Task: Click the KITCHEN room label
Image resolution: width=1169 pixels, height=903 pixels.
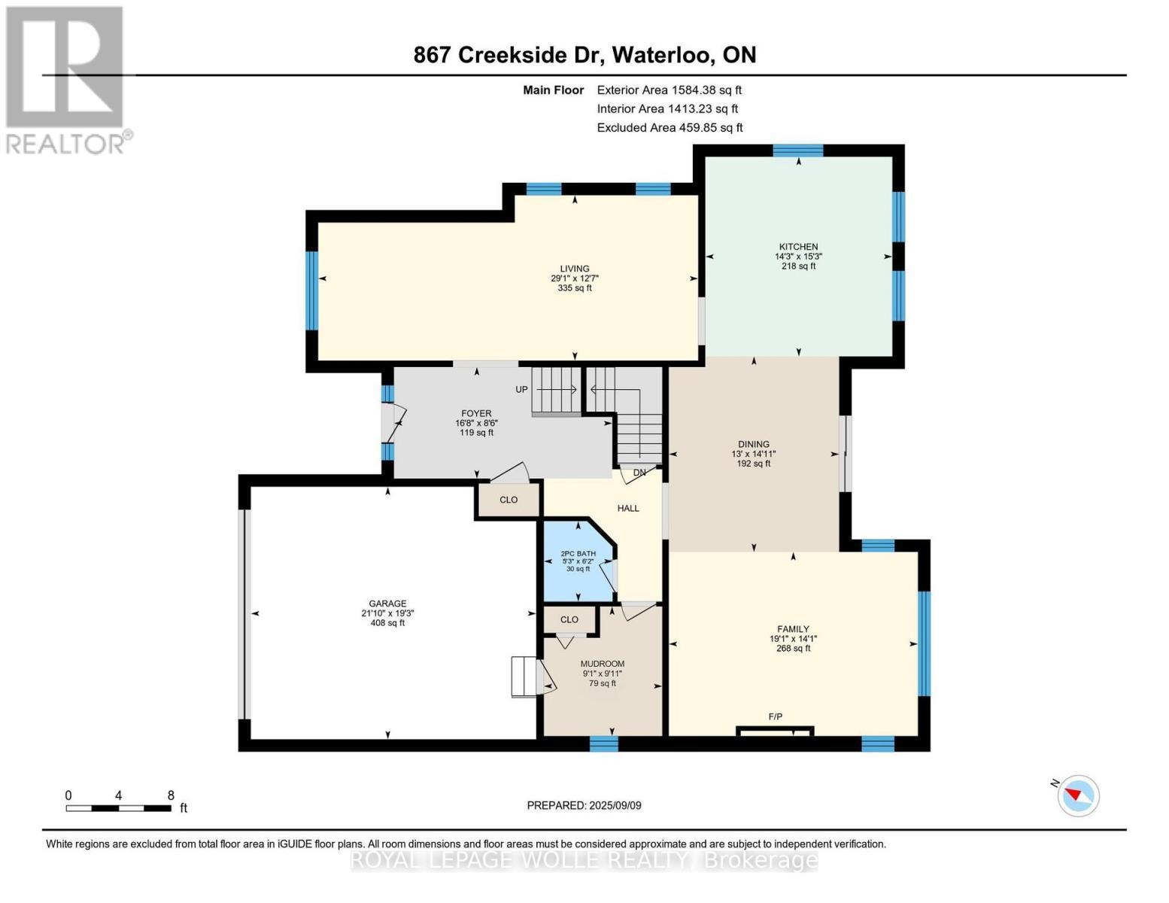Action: [x=798, y=247]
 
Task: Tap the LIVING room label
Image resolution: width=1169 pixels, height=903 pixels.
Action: [x=575, y=269]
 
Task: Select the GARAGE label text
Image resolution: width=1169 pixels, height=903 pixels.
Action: [x=387, y=604]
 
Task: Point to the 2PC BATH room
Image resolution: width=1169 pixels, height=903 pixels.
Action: [x=578, y=561]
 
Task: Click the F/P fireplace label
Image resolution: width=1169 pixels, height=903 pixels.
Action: [x=775, y=716]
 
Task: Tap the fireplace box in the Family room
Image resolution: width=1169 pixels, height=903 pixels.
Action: [x=775, y=730]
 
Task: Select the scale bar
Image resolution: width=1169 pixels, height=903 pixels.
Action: [x=118, y=807]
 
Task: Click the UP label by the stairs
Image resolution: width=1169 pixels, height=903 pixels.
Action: [x=521, y=389]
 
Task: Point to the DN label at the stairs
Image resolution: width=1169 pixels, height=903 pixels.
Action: [x=639, y=473]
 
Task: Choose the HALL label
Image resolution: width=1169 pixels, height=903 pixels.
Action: [x=628, y=508]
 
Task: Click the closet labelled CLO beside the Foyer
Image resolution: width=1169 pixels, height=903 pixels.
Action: [x=509, y=500]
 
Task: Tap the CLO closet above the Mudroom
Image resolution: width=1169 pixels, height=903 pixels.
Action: [x=569, y=619]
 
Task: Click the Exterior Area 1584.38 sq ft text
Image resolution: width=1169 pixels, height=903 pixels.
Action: [x=670, y=90]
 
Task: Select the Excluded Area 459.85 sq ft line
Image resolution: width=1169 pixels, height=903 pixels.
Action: [x=670, y=128]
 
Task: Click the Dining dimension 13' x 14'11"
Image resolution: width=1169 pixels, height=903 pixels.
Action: [x=753, y=454]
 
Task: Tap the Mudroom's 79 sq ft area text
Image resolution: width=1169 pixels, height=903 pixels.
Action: [x=602, y=683]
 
